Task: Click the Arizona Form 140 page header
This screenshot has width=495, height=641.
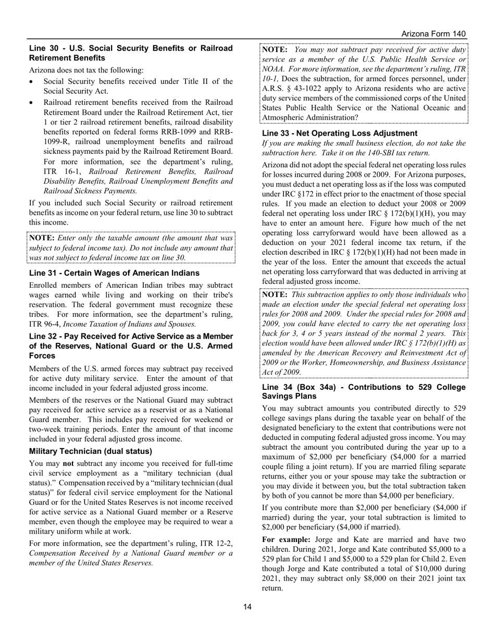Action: [x=434, y=34]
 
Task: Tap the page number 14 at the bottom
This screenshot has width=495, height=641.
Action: [x=247, y=606]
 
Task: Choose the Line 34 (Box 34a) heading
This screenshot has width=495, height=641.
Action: [x=363, y=391]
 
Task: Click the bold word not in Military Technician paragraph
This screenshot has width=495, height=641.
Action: [x=71, y=463]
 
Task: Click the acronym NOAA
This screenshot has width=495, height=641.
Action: [x=275, y=68]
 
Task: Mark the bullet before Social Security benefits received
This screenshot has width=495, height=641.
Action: [x=33, y=82]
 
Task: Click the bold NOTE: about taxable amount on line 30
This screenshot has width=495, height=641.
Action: [x=42, y=238]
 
